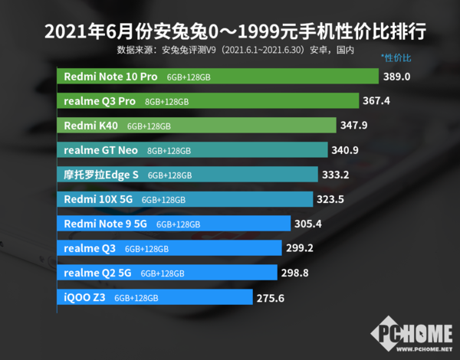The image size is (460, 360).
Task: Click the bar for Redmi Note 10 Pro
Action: click(219, 77)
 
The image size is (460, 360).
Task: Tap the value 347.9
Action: click(359, 126)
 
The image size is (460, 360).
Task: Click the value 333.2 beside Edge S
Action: click(336, 175)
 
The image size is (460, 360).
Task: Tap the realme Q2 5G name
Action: click(98, 273)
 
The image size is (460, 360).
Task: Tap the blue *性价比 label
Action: click(396, 59)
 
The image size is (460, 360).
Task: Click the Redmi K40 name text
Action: click(90, 126)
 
